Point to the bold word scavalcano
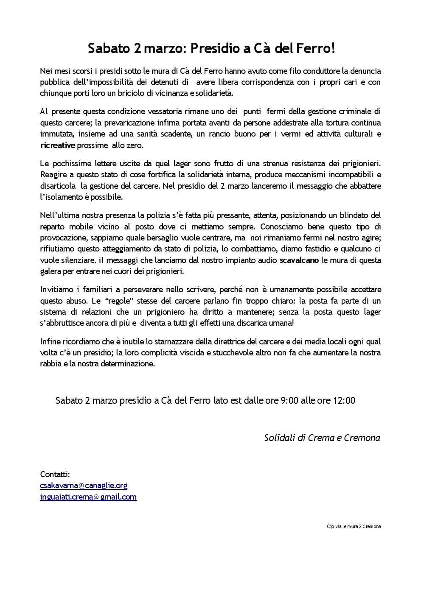299,260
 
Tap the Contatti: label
55,474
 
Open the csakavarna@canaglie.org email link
84,486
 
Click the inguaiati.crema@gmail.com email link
88,497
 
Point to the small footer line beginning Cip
354,526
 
